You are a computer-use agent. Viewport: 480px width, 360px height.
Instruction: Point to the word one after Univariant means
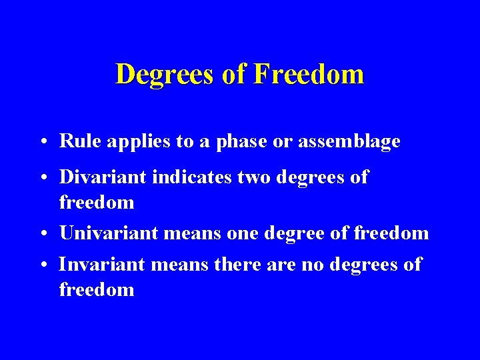tap(245, 233)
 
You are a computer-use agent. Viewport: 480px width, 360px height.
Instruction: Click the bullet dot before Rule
tap(42, 143)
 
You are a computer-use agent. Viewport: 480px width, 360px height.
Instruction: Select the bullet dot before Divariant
tap(42, 179)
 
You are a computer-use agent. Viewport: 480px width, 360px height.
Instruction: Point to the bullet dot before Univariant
tap(42, 234)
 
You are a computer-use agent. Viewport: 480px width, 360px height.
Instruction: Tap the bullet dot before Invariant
tap(42, 265)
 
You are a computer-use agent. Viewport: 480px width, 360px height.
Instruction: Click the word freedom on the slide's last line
tap(97, 289)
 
